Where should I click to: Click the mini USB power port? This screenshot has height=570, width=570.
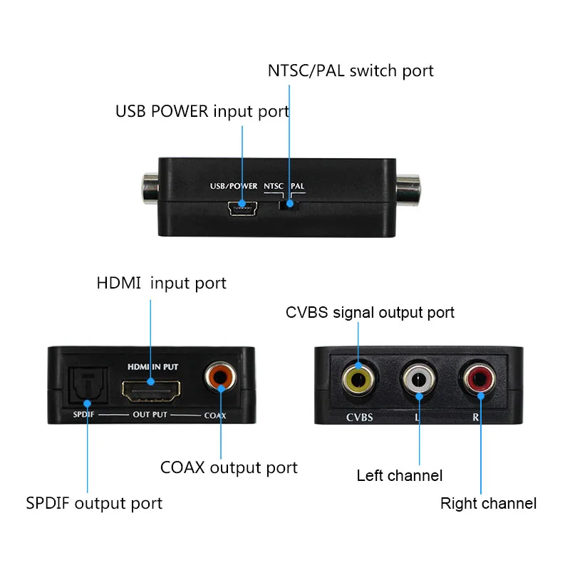click(242, 208)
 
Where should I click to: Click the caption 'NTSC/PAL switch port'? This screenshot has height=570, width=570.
click(351, 71)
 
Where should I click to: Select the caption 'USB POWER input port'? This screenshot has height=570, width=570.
click(202, 112)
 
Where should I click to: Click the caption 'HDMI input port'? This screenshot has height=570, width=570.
click(162, 283)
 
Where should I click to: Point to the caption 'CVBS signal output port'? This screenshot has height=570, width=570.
click(370, 312)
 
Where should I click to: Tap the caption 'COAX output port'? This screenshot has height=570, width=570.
click(229, 467)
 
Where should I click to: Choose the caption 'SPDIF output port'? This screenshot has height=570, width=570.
click(94, 503)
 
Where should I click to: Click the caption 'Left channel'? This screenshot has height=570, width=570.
click(400, 475)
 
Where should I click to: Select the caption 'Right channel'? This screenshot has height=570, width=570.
click(488, 504)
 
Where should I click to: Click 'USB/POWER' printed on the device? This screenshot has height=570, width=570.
click(233, 187)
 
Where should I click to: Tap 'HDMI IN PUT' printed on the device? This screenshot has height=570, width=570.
click(152, 366)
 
